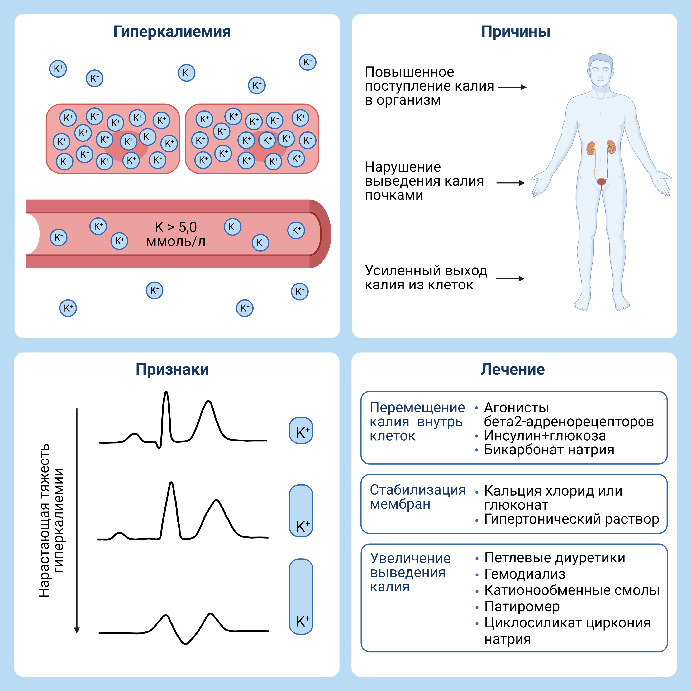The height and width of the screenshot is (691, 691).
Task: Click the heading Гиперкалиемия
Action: (x=172, y=32)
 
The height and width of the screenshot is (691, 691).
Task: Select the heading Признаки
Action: (x=172, y=369)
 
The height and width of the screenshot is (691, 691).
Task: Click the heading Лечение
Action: (x=512, y=369)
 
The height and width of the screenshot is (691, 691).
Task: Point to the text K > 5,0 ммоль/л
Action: (x=176, y=234)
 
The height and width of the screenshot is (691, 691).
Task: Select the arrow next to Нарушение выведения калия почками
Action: (x=511, y=183)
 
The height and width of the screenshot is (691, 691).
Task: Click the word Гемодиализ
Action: (x=525, y=574)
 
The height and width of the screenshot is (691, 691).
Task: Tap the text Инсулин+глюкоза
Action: (x=545, y=436)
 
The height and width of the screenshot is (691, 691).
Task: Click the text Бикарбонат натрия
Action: (x=549, y=450)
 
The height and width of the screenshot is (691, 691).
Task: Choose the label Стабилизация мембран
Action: (x=418, y=497)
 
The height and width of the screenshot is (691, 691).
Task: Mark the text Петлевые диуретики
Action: (x=555, y=558)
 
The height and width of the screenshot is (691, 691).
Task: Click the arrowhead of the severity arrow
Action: (x=77, y=630)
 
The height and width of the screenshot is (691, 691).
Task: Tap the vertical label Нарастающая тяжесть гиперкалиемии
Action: (x=51, y=520)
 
